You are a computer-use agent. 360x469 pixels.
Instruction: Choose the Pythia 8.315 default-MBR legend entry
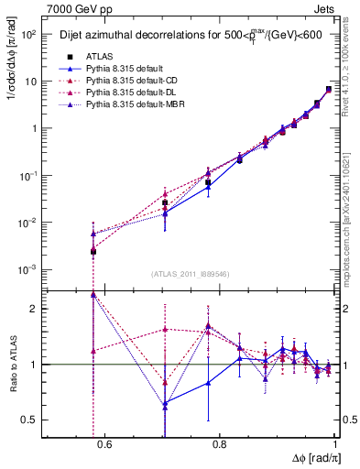pyautogui.click(x=126, y=106)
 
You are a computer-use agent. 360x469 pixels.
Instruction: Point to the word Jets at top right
pyautogui.click(x=327, y=7)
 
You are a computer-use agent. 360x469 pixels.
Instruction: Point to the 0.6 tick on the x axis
pyautogui.click(x=104, y=444)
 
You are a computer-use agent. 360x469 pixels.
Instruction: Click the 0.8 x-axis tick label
pyautogui.click(x=220, y=444)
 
